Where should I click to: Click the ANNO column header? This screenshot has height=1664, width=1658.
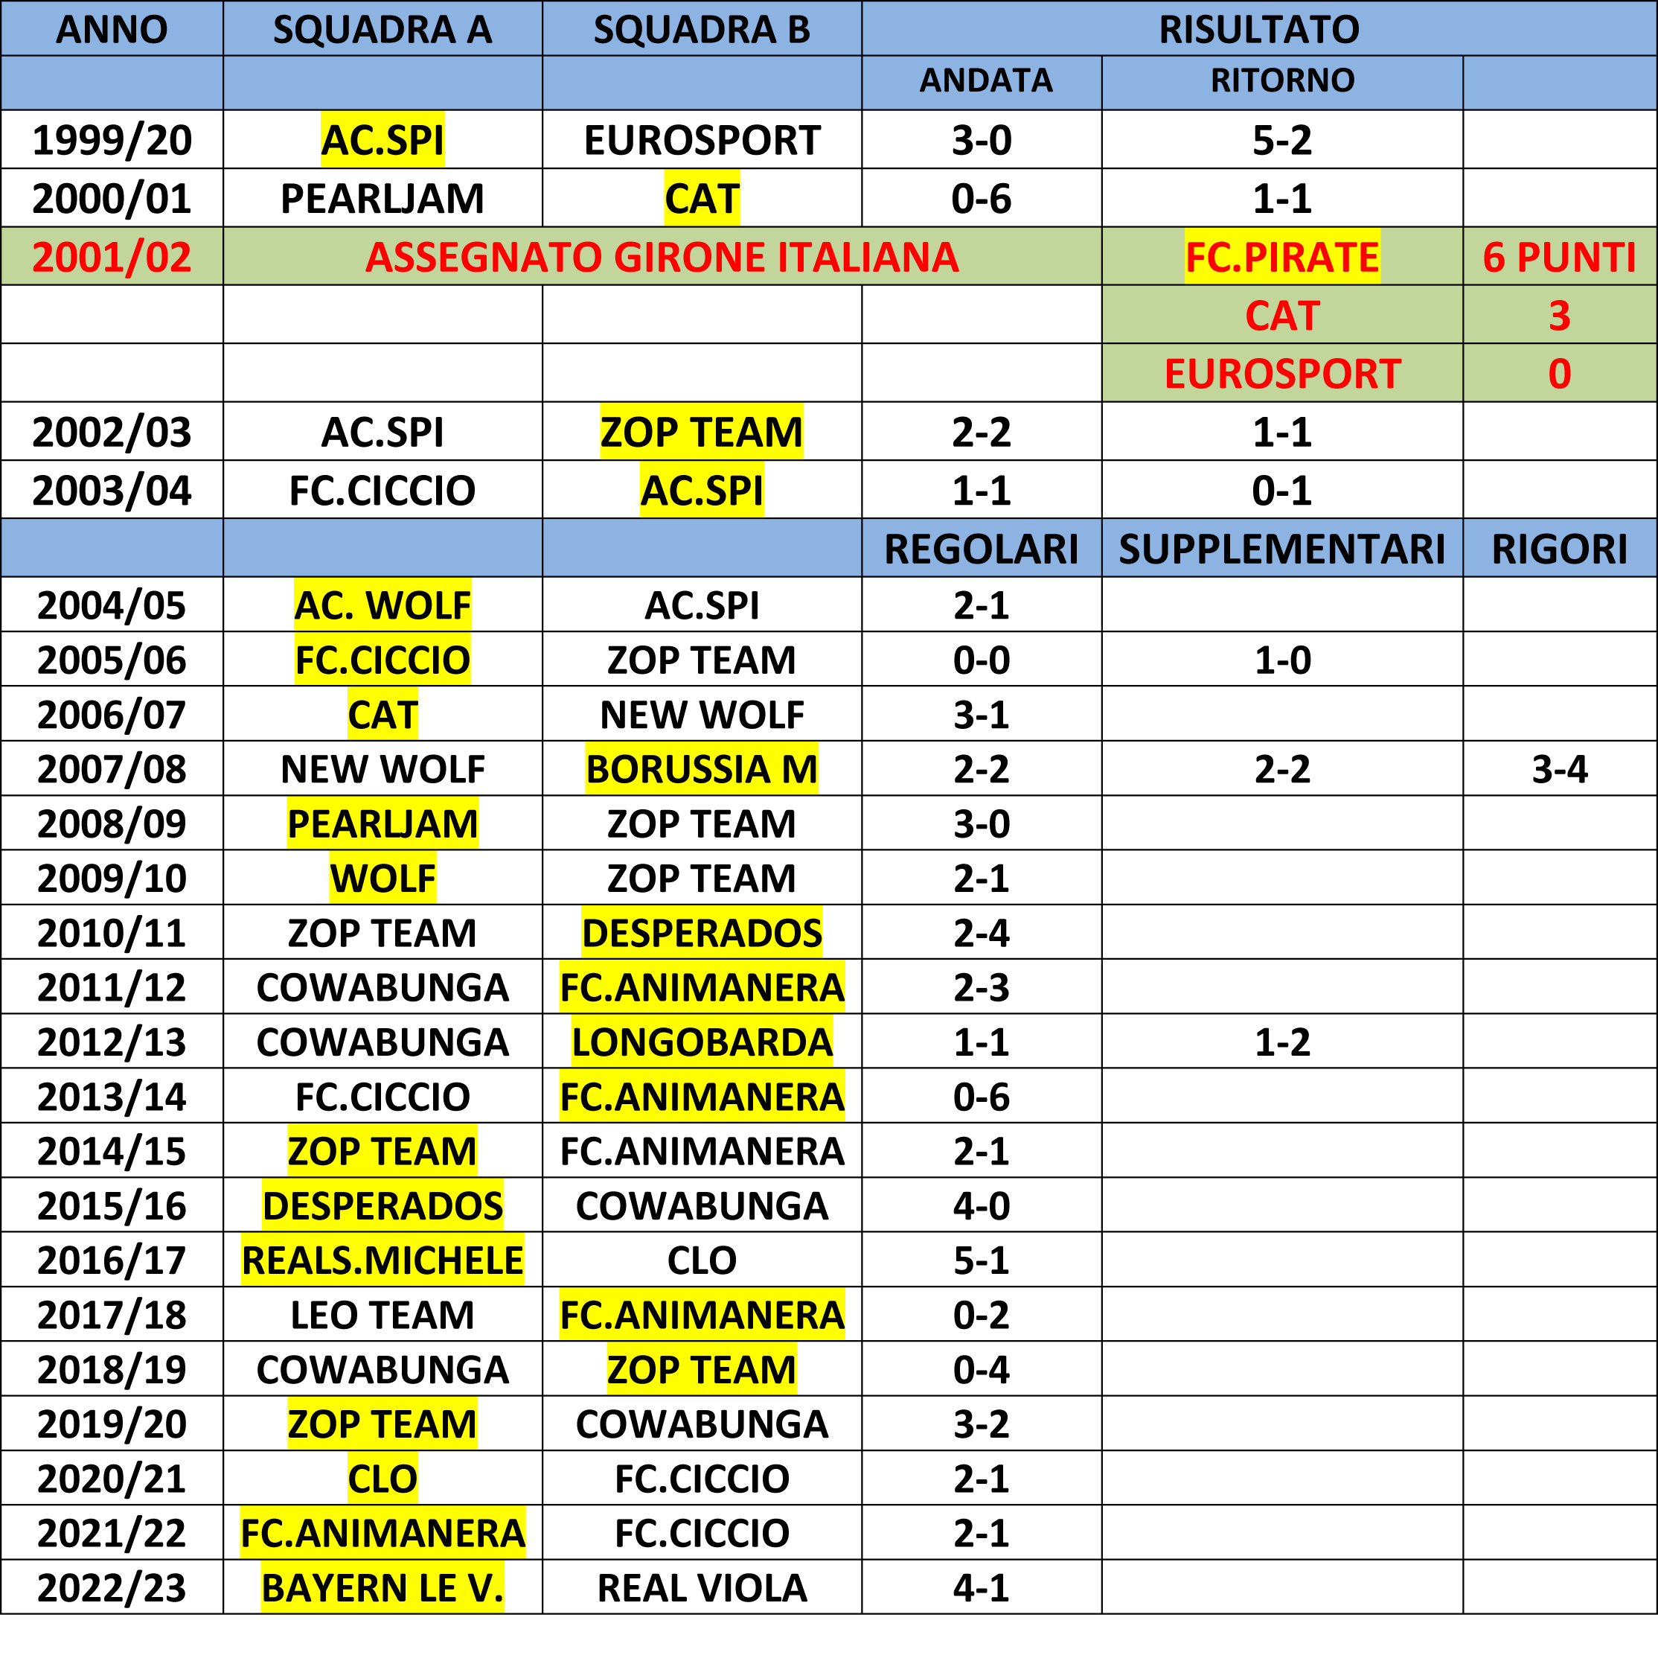112,29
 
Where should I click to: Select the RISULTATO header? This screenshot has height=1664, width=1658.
1258,29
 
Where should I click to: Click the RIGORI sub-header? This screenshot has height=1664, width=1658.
1559,549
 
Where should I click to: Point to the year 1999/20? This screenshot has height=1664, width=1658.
112,139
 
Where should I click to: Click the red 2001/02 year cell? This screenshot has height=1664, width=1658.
112,257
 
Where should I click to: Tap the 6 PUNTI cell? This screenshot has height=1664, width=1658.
1559,257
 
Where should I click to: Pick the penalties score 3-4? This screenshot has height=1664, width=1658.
1559,768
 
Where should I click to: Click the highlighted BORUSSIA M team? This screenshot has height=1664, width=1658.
702,768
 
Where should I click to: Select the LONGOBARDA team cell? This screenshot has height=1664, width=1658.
702,1042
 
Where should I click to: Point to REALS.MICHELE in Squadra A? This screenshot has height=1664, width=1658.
383,1260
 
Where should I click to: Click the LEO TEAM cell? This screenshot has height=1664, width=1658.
383,1314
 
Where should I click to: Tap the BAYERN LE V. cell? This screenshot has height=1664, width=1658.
383,1587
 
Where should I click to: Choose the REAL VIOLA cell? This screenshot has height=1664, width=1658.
702,1587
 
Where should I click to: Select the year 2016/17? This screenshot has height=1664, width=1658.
112,1260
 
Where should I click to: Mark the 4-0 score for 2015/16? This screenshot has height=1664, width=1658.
982,1205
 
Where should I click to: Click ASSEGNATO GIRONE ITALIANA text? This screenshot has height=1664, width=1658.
662,257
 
